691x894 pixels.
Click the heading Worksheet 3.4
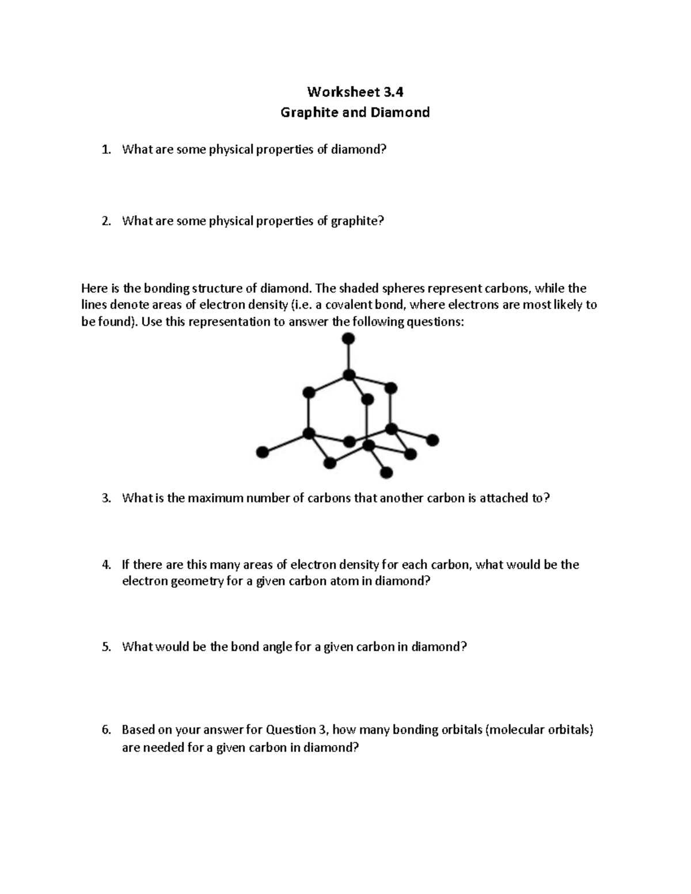tap(355, 92)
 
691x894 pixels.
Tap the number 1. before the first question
tap(105, 150)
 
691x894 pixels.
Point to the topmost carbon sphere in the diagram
tap(348, 338)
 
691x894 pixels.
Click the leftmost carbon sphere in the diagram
tap(263, 452)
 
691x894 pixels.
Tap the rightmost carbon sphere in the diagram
tap(433, 440)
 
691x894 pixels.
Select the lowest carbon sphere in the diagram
tap(387, 473)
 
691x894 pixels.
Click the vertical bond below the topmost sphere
tap(348, 357)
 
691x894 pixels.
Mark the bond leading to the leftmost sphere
tap(286, 443)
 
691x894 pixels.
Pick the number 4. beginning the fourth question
tap(105, 565)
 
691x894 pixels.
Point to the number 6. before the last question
tap(105, 730)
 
